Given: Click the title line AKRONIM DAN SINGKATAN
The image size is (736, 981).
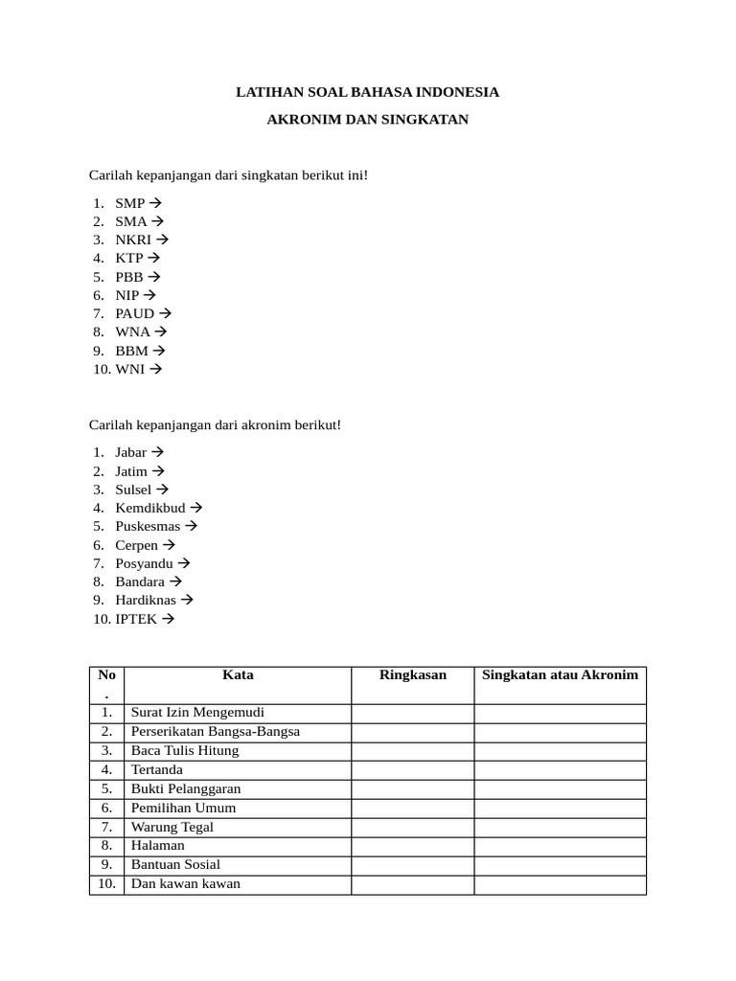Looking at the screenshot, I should click(x=367, y=121).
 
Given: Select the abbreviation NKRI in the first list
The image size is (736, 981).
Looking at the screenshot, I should click(x=133, y=240).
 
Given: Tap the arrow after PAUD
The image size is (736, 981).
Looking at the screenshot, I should click(x=165, y=313).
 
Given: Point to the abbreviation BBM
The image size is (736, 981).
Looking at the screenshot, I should click(x=131, y=351).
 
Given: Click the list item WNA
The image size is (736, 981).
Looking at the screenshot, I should click(x=132, y=331).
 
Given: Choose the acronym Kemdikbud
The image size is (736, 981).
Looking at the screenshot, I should click(x=150, y=508).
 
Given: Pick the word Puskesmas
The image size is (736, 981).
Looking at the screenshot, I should click(x=149, y=526).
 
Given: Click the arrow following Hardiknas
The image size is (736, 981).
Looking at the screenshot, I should click(x=187, y=600).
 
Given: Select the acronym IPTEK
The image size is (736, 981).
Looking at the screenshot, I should click(x=136, y=619).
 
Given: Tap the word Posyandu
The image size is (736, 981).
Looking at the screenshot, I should click(x=144, y=563).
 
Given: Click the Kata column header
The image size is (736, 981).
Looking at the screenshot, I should click(x=238, y=675).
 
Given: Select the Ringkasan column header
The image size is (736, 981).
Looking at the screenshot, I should click(x=412, y=675).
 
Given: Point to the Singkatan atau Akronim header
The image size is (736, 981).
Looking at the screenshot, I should click(x=560, y=675).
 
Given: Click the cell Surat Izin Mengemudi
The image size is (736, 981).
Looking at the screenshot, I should click(x=197, y=713).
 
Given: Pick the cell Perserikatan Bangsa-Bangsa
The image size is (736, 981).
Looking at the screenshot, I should click(x=216, y=732).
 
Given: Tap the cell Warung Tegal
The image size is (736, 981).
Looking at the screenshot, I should click(x=172, y=827).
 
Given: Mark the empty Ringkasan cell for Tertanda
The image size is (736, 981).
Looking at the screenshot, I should click(x=412, y=770).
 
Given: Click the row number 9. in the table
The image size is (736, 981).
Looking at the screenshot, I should click(x=106, y=865).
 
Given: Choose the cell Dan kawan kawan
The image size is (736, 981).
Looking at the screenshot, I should click(x=186, y=884).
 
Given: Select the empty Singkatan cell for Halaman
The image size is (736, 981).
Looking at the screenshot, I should click(x=560, y=846).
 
